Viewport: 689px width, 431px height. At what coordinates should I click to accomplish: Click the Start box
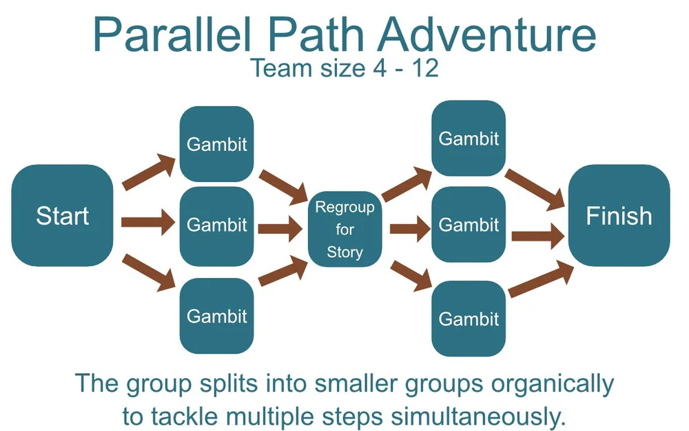tap(63, 216)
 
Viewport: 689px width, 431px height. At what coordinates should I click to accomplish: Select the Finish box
tap(619, 216)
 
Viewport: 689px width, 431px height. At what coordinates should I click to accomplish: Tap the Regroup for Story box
tap(344, 230)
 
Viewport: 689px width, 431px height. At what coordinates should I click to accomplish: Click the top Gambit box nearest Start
tap(216, 145)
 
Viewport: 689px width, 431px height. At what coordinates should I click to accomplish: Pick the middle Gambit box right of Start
tap(216, 225)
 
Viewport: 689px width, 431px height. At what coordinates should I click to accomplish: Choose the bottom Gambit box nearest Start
tap(216, 316)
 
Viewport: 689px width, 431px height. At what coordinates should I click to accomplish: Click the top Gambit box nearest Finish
tap(469, 139)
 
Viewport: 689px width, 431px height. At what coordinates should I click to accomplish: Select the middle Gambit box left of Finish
tap(469, 225)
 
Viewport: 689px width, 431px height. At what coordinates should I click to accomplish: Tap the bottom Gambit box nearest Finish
tap(469, 319)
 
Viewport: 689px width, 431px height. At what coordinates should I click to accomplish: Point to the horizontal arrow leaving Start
tap(147, 222)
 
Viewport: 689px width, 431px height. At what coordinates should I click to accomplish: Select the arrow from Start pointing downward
tap(148, 271)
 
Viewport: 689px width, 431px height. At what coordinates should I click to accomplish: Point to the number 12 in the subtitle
tap(424, 68)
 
